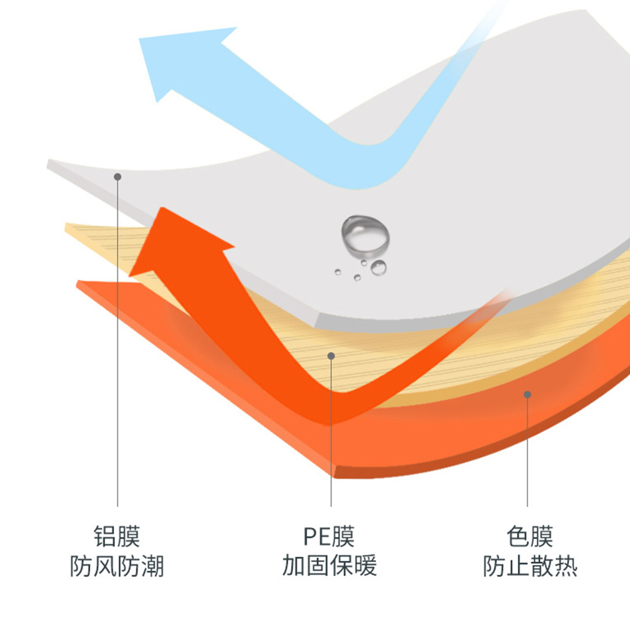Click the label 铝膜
click(x=117, y=537)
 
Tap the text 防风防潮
click(x=117, y=566)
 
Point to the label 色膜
click(x=530, y=537)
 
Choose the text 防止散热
click(x=530, y=566)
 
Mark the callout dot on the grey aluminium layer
click(x=117, y=177)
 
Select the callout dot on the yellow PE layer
click(x=331, y=356)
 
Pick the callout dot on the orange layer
click(x=527, y=394)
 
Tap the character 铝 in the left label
click(x=105, y=537)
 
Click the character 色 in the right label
click(x=518, y=537)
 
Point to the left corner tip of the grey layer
click(x=49, y=164)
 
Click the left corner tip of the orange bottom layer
click(x=79, y=284)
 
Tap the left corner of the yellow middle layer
click(x=67, y=225)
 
